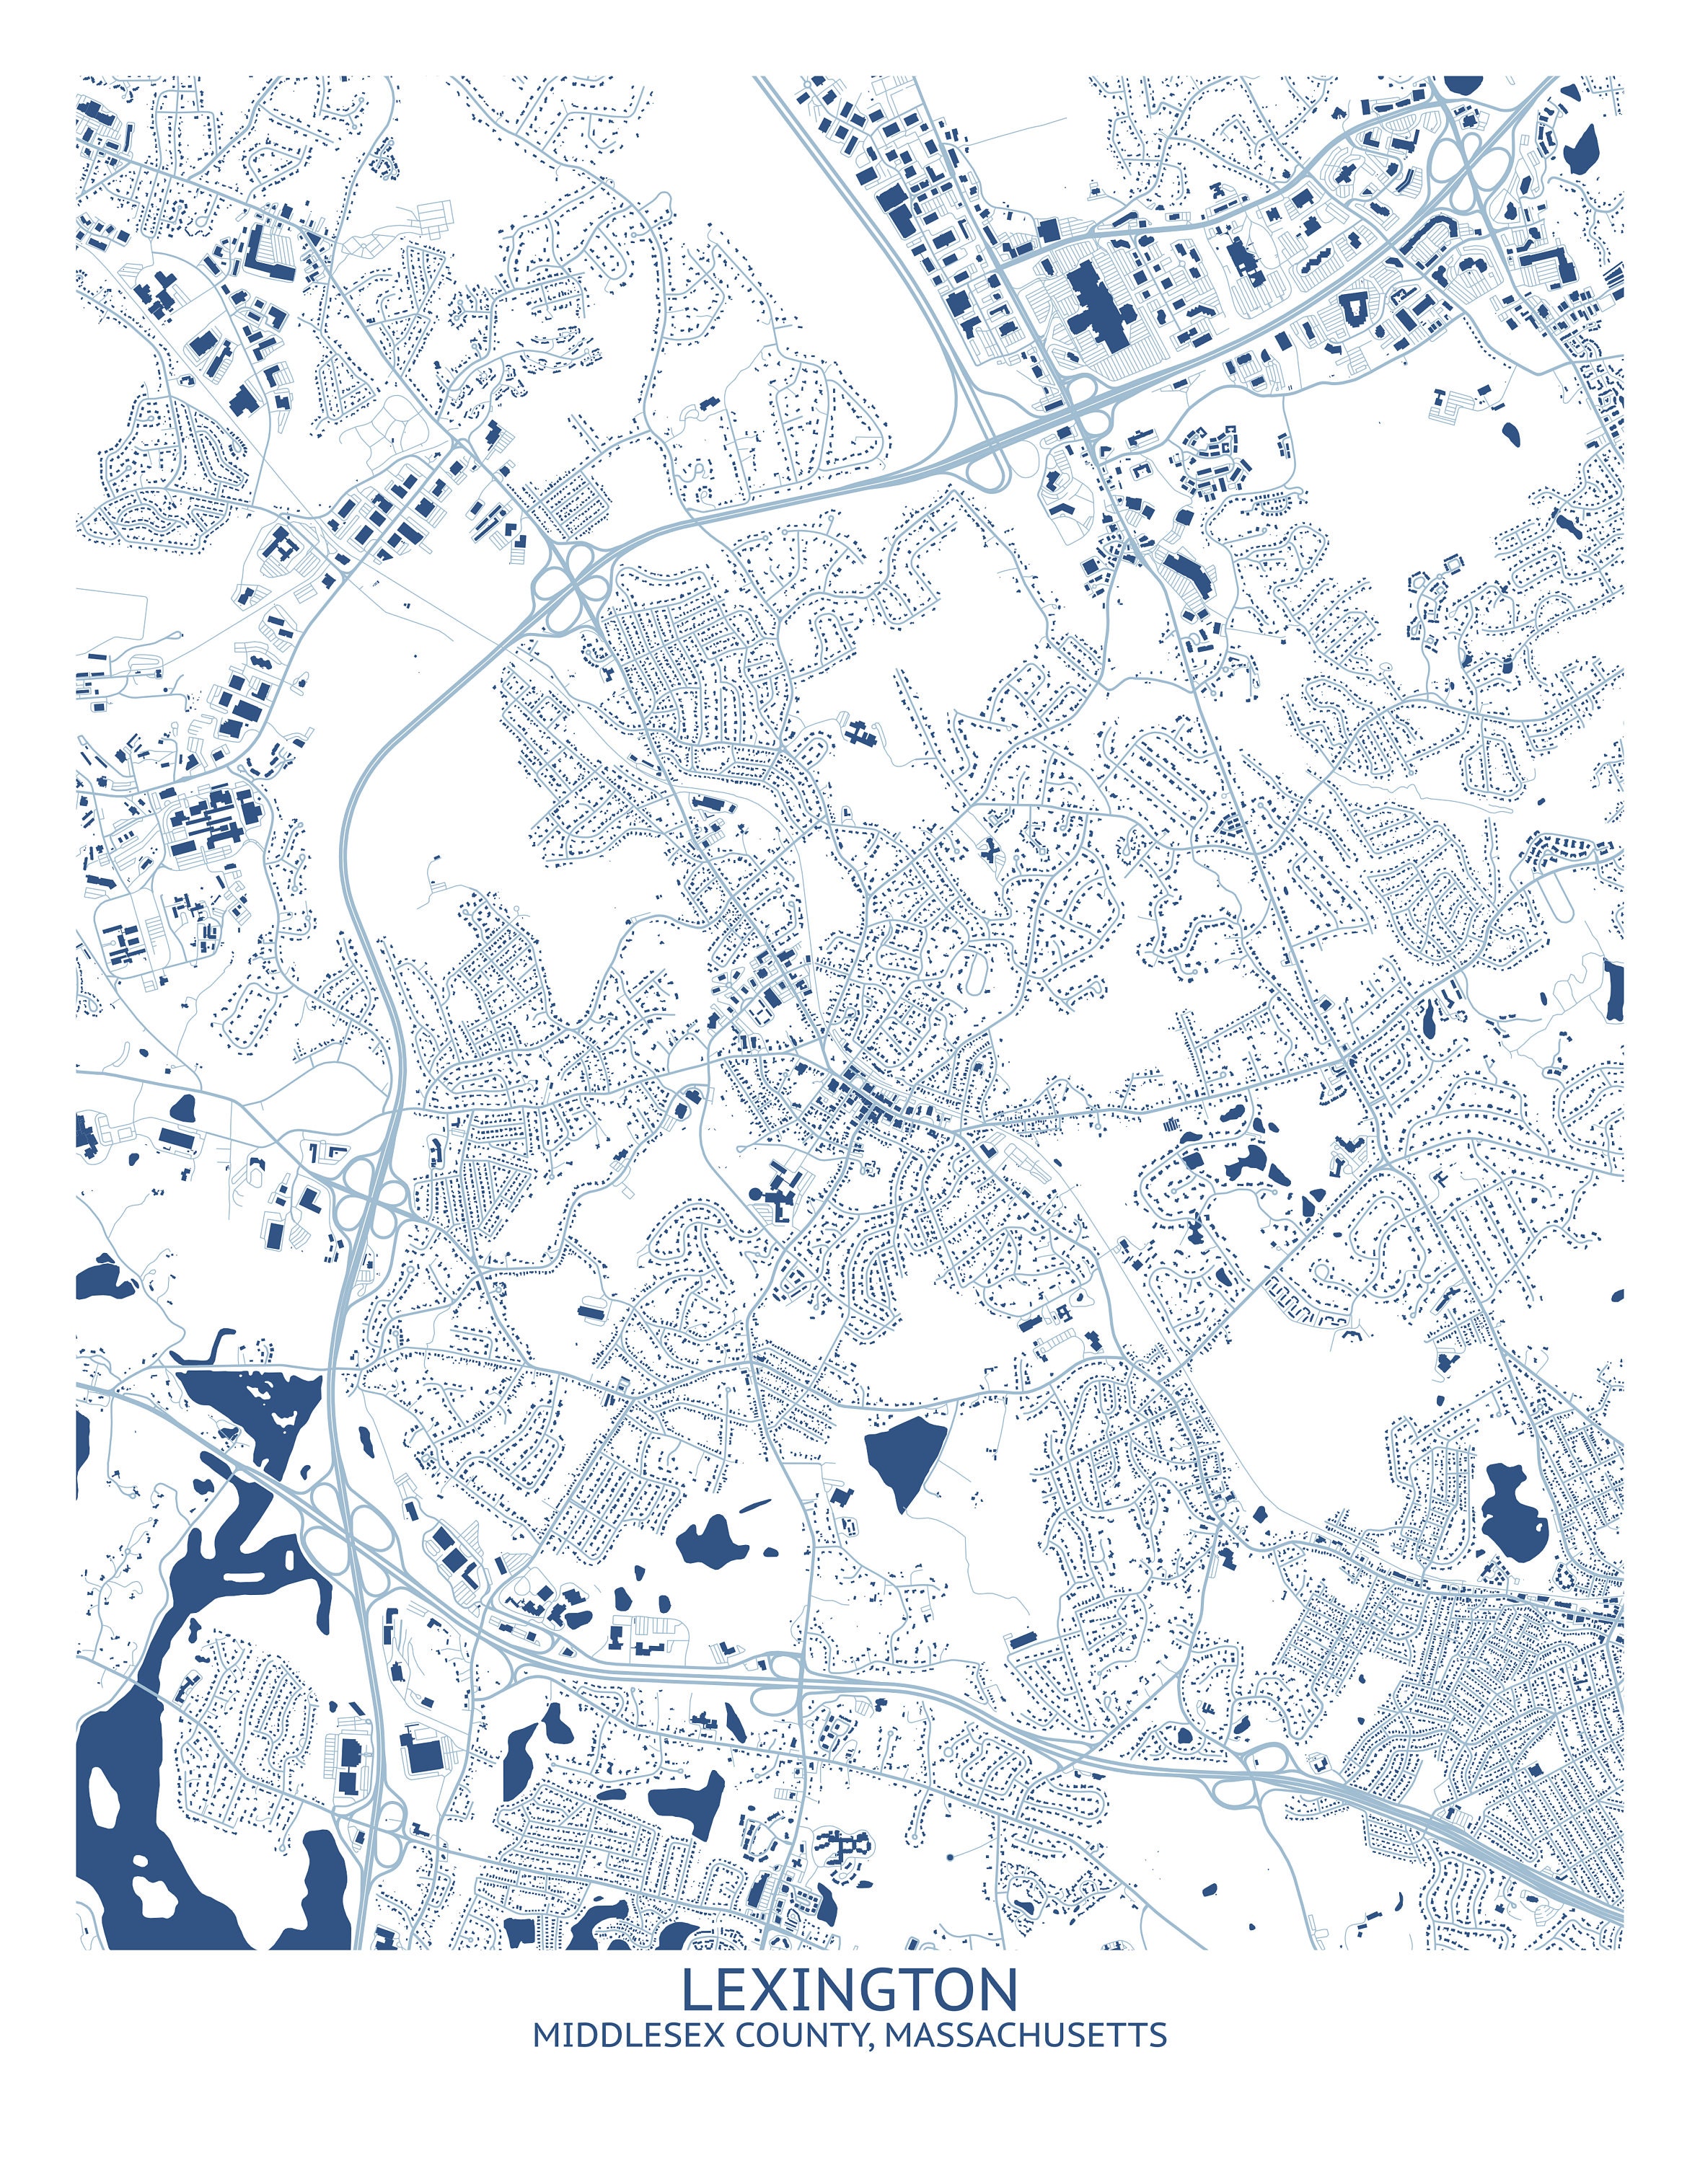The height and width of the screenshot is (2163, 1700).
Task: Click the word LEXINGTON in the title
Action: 849,1990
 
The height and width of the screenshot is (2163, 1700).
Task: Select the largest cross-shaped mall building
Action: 1103,298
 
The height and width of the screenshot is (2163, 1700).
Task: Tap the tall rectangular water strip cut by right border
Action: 1613,990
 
